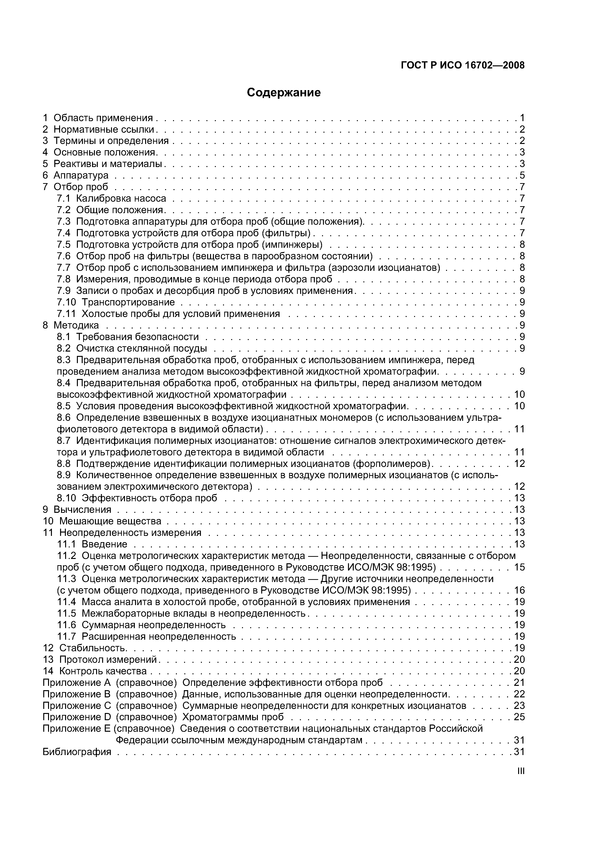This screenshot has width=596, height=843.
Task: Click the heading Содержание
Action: [x=284, y=93]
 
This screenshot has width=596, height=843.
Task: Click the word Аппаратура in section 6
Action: [x=81, y=175]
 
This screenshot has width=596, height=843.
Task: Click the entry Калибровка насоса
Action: [x=121, y=199]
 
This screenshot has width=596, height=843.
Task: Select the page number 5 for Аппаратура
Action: [x=522, y=175]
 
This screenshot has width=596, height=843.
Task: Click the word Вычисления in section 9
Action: [x=82, y=510]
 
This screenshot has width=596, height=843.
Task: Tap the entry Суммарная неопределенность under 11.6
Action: [x=154, y=625]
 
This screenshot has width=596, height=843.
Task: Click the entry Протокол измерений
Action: [x=108, y=659]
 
